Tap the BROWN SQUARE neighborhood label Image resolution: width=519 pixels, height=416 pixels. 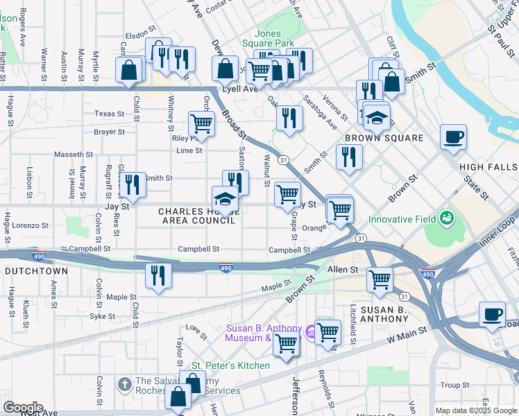384,138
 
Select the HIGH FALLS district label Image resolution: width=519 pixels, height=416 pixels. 488,167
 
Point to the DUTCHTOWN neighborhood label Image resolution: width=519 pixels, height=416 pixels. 32,269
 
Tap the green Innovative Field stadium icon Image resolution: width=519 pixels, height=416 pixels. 445,219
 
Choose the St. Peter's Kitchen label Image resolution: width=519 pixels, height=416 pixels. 230,365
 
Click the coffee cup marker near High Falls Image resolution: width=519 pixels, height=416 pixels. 453,137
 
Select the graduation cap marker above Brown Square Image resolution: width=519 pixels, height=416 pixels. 377,117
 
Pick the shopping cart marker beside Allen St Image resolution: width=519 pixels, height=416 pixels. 380,280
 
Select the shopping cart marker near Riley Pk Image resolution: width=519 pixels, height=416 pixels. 201,123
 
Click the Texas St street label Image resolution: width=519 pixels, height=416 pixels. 109,114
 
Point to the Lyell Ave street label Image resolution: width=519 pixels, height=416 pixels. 240,89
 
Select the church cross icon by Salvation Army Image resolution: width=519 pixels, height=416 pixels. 124,382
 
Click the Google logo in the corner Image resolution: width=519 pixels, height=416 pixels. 22,408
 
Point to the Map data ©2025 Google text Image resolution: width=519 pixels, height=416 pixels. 476,410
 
